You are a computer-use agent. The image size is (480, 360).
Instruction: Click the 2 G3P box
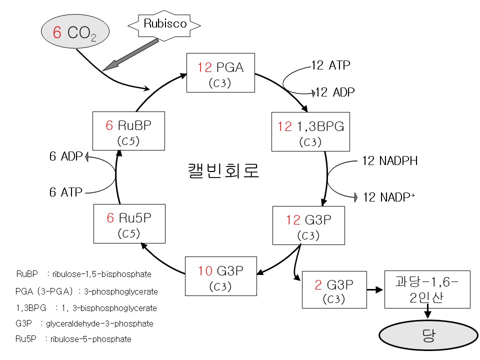(334, 289)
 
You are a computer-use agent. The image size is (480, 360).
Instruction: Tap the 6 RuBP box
(129, 130)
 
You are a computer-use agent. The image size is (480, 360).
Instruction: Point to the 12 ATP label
(330, 65)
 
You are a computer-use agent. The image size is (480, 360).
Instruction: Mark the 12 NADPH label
(389, 161)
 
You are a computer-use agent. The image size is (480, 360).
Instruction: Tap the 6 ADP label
(65, 156)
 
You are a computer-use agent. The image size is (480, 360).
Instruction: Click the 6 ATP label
(65, 192)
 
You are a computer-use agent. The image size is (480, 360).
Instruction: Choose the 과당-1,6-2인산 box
(427, 289)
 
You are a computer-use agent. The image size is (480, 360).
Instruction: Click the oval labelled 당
(428, 335)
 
